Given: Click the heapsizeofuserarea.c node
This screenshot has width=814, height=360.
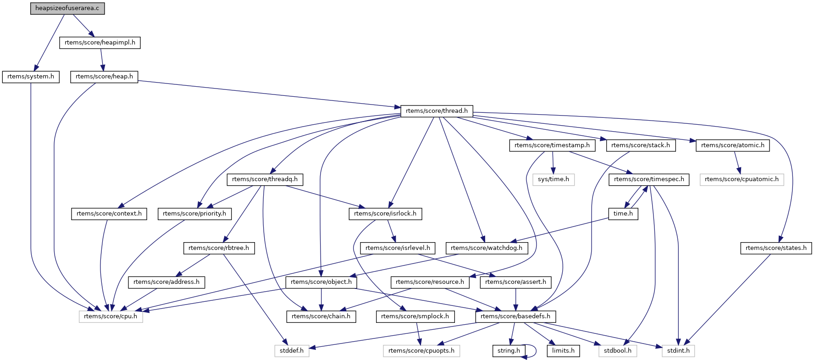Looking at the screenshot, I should (x=67, y=8).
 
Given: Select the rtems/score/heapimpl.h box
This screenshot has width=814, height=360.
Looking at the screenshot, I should (x=100, y=43).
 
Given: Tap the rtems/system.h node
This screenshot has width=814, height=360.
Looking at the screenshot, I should (x=31, y=77).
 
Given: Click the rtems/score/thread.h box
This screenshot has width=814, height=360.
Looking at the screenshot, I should (x=437, y=111).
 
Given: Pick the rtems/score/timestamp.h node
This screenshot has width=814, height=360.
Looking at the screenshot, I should (x=552, y=145).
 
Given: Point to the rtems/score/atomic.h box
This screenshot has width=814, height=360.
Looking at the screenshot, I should (x=732, y=145).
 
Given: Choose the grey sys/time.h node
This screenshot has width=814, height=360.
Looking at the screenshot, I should (x=554, y=179).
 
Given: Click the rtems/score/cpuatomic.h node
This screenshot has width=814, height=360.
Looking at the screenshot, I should (x=742, y=179).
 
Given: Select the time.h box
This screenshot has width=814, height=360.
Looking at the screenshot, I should (x=623, y=214).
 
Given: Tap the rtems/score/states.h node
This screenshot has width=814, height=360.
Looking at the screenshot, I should (x=776, y=248).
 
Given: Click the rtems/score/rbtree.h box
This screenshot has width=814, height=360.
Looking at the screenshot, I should (x=219, y=248).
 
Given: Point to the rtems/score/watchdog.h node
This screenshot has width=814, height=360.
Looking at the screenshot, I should (x=487, y=248).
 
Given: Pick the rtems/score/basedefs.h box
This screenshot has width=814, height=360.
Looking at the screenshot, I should (x=515, y=316).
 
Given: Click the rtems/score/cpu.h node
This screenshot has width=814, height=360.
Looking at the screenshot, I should (x=111, y=316).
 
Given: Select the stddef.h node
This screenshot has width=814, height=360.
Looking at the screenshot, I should (x=292, y=351).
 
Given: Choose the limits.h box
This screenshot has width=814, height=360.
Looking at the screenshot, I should (x=563, y=351).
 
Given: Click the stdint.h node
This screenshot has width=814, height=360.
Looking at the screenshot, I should (x=678, y=351).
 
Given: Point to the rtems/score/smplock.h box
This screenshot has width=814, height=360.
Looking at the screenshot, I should (x=415, y=316).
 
